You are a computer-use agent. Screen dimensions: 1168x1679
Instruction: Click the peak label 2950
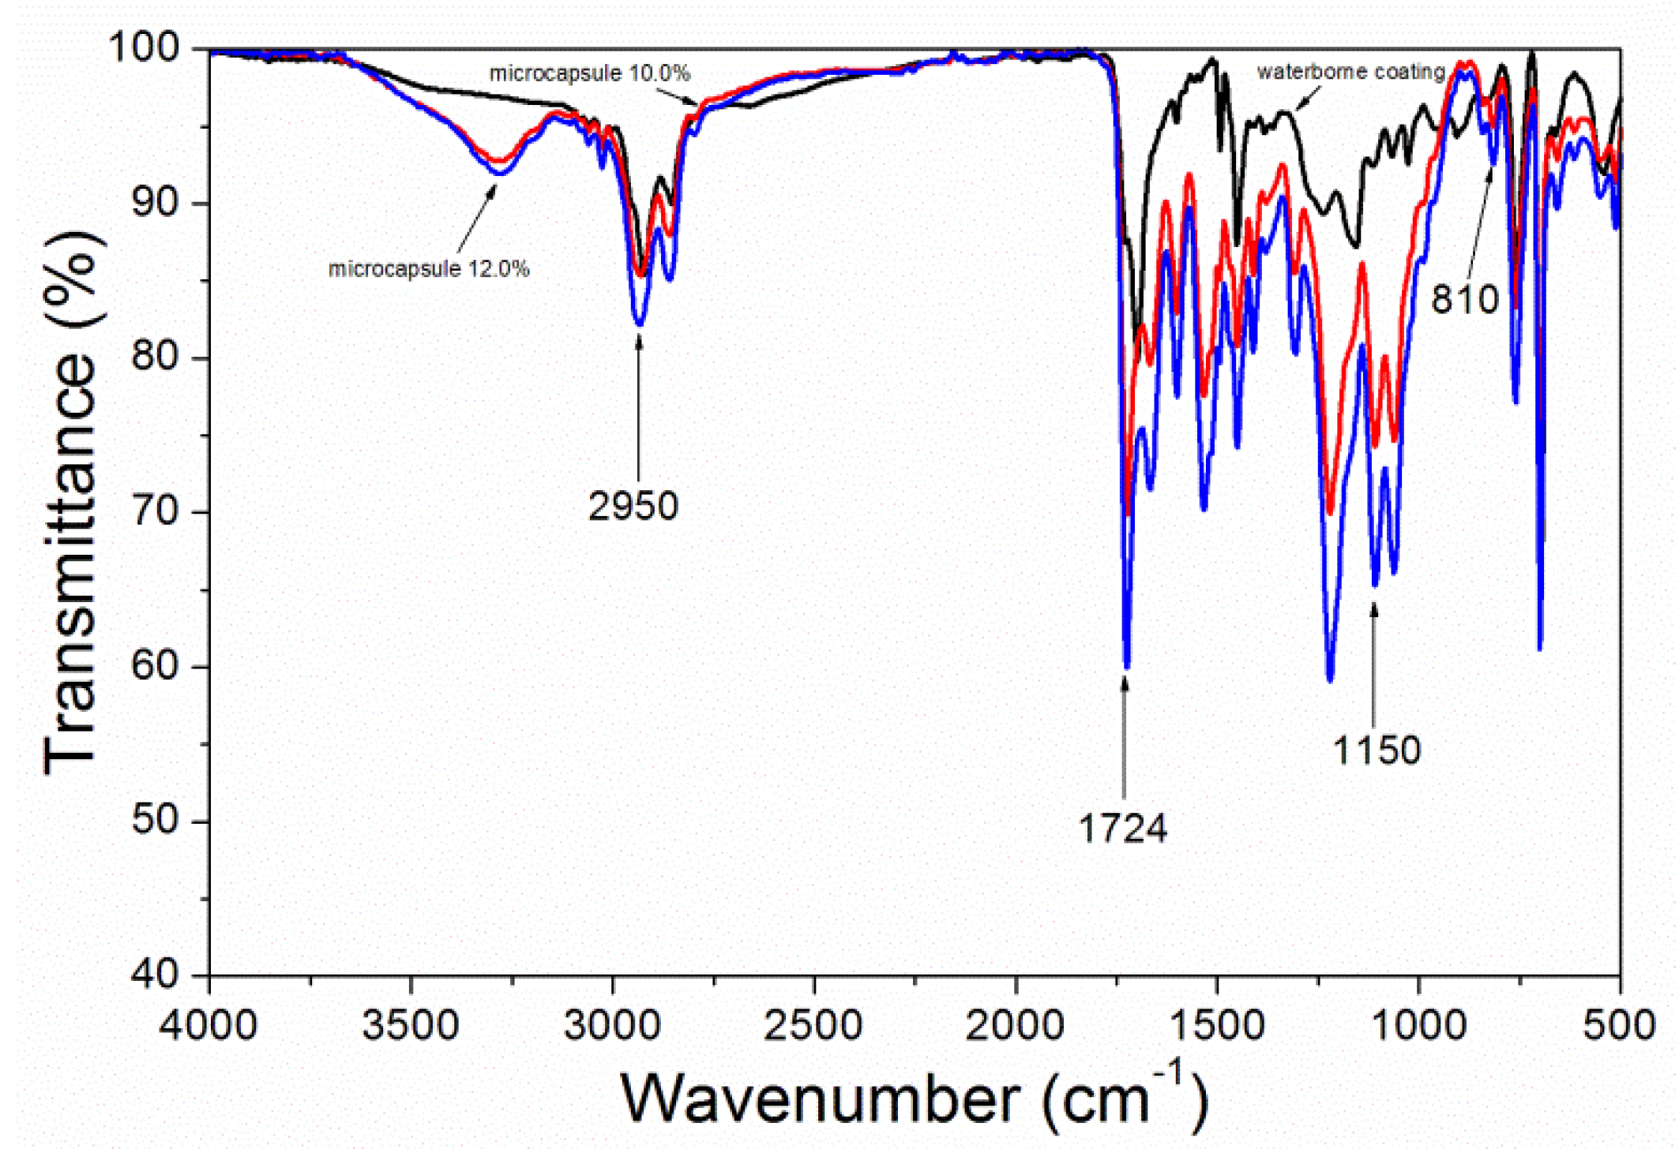point(633,506)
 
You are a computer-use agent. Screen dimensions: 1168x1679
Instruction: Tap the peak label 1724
point(1122,829)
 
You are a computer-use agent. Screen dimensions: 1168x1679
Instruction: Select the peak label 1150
point(1377,750)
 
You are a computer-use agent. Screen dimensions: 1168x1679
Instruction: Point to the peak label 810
point(1464,300)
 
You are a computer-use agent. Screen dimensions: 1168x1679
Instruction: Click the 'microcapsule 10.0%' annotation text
point(589,73)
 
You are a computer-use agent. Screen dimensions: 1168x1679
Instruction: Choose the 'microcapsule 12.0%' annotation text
point(428,269)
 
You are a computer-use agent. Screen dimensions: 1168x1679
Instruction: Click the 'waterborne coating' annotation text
point(1350,72)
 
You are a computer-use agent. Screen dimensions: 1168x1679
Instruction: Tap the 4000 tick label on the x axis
point(208,1026)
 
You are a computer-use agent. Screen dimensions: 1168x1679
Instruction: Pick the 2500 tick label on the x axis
point(813,1026)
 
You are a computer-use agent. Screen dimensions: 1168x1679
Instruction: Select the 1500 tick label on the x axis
point(1216,1026)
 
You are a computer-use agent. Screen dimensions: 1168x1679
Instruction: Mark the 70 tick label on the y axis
point(155,511)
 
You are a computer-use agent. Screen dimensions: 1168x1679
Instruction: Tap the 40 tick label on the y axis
point(155,974)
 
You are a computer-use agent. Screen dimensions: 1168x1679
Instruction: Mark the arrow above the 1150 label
point(1374,663)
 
